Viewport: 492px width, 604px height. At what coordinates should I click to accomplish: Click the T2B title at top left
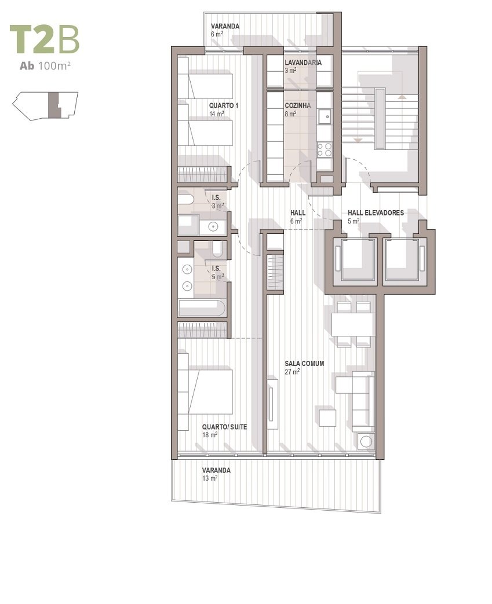45,39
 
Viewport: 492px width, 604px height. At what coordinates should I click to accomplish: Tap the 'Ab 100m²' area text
45,66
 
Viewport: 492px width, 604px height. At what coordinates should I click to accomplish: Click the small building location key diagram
45,106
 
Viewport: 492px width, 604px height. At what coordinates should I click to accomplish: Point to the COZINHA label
298,105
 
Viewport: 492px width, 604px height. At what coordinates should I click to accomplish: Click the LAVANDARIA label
303,63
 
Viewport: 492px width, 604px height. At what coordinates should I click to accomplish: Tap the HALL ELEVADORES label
376,213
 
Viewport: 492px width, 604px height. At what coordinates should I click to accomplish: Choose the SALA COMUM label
304,363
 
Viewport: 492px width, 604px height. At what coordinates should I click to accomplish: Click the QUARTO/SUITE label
224,427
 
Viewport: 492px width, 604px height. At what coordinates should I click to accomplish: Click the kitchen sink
325,116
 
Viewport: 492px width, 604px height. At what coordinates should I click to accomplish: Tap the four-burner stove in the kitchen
325,149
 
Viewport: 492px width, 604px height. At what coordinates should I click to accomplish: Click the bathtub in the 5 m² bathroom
202,308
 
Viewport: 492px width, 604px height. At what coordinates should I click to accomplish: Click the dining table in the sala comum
353,324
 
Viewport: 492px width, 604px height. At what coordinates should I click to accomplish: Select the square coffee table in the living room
327,418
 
